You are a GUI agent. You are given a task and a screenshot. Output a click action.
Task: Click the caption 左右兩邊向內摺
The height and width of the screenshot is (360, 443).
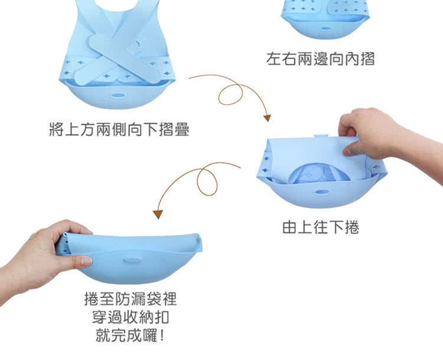point(320,59)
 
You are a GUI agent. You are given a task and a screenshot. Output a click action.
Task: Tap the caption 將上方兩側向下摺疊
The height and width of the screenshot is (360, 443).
point(119,129)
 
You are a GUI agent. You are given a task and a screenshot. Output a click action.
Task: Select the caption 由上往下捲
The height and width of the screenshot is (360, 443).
point(320,226)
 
